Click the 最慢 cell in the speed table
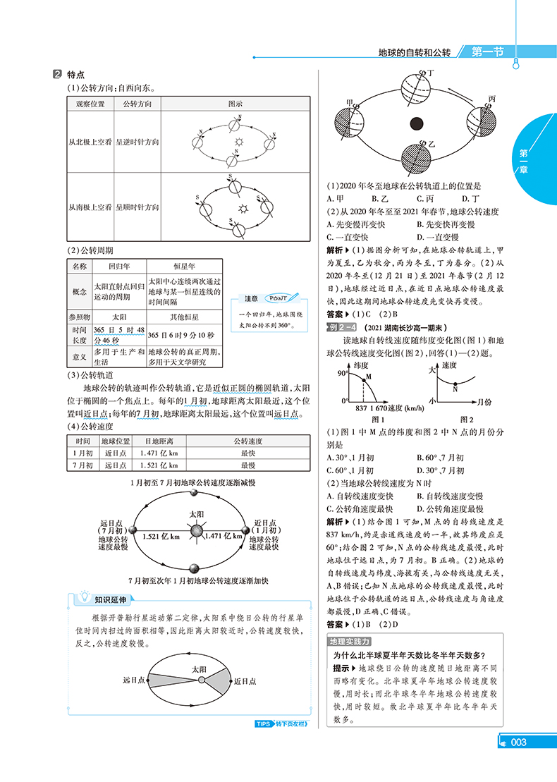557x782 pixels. tap(247, 465)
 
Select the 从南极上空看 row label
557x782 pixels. tap(90, 207)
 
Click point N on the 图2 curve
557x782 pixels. tap(455, 380)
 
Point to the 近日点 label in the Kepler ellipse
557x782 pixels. tap(244, 681)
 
